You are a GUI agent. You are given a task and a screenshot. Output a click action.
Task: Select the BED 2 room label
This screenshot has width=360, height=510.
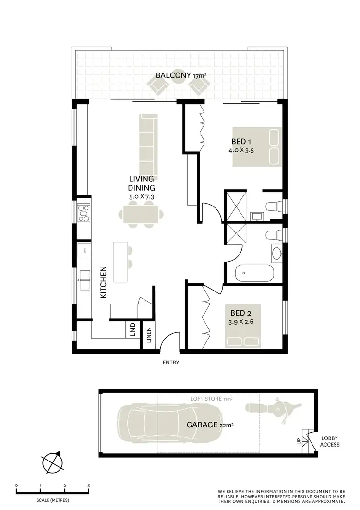point(241,311)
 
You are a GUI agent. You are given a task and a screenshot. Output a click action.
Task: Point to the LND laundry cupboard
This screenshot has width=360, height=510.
point(132,330)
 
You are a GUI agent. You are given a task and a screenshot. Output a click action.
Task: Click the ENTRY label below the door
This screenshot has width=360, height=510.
point(171,363)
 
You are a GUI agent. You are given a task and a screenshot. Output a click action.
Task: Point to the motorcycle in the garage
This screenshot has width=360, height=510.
point(269,408)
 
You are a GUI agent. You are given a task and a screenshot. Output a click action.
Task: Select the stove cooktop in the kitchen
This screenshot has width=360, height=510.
point(83,213)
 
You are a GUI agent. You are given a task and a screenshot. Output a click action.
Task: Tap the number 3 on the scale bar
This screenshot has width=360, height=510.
point(89,486)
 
